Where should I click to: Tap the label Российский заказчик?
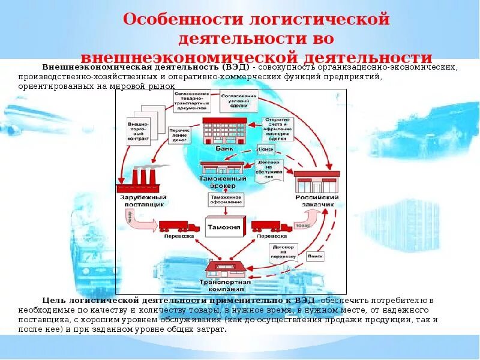point(317,201)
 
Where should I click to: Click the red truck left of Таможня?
point(178,227)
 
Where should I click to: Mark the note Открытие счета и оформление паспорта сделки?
point(278,128)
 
